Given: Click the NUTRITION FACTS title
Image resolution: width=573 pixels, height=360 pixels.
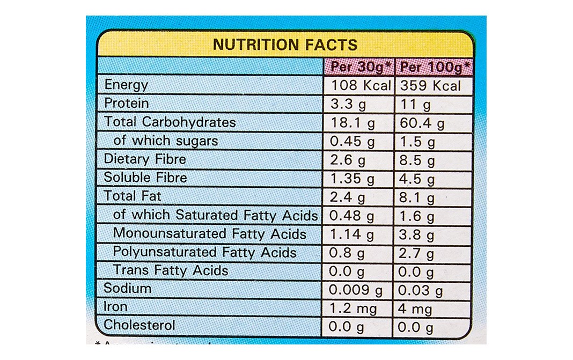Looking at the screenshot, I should coord(284,44).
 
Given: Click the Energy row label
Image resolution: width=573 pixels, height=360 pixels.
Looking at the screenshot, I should coord(126,85).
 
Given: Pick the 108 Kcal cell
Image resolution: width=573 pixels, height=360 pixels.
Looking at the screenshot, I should coord(361,85).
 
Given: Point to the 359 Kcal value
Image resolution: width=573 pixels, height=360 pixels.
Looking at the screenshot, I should coord(430,85).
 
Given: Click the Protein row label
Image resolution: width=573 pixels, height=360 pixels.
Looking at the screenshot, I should coord(126,103).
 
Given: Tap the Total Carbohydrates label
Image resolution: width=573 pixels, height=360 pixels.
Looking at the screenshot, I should coord(170,122).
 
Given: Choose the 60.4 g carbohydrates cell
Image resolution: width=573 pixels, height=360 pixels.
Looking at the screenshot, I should coord(422,123).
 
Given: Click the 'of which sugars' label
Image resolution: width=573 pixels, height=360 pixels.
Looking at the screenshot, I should coord(166,141).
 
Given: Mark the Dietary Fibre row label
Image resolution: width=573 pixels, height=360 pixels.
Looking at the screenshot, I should coord(145,159).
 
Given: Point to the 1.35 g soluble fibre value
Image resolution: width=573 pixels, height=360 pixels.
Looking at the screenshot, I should coord(352,179).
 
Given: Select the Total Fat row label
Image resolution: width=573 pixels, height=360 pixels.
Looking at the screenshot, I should coord(133,196).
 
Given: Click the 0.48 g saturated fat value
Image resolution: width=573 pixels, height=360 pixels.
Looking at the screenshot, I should coord(352,216).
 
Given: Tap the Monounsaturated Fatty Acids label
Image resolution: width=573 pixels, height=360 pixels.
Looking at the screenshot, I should coord(210,234).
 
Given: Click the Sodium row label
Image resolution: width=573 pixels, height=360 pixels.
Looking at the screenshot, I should coord(128,289).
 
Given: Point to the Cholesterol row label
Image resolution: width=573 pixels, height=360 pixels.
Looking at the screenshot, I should coord(139,326).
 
